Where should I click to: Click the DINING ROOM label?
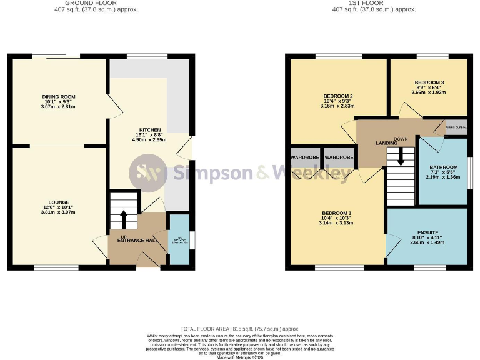pyautogui.click(x=59, y=97)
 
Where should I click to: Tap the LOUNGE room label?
pyautogui.click(x=59, y=202)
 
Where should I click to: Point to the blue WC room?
pyautogui.click(x=179, y=240)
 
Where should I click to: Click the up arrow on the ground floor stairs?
pyautogui.click(x=123, y=219)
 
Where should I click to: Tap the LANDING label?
pyautogui.click(x=386, y=143)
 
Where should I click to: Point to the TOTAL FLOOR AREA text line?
pyautogui.click(x=240, y=329)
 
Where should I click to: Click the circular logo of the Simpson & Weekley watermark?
pyautogui.click(x=147, y=172)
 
